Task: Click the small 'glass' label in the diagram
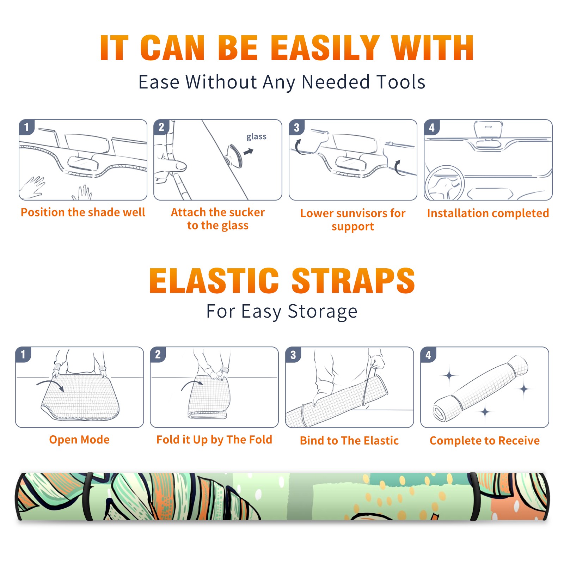tap(256, 137)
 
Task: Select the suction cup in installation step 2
tap(234, 155)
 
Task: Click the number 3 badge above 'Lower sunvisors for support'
tap(296, 127)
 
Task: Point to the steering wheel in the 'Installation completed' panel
tap(445, 183)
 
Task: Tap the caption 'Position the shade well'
tap(83, 212)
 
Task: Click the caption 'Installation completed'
tap(488, 213)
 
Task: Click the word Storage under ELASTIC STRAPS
tap(323, 312)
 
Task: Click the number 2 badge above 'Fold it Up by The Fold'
tap(158, 355)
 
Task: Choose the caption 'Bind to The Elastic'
tap(349, 441)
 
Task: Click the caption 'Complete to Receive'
tap(484, 441)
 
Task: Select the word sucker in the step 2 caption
tap(246, 212)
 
